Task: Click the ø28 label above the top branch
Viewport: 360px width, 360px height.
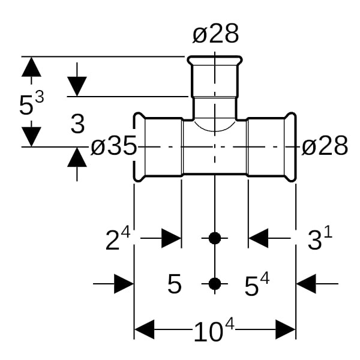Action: pos(215,34)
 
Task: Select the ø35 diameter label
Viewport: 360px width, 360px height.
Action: pos(113,146)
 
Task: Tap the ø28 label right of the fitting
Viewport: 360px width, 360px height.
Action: pos(325,146)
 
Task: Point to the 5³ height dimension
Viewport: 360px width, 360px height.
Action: pos(31,103)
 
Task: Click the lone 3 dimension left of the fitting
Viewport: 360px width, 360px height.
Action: pos(77,124)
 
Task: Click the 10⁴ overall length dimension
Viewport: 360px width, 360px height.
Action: pos(214,330)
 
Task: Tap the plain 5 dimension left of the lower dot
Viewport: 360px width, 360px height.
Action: pos(175,284)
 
